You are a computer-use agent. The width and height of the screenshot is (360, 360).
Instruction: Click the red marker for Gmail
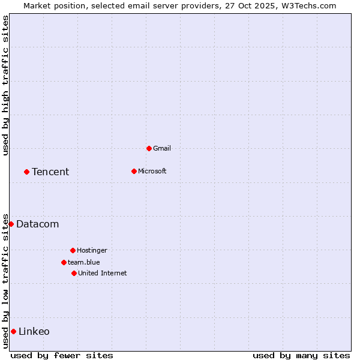pos(149,148)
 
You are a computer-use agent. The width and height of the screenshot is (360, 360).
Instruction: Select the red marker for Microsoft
pos(134,171)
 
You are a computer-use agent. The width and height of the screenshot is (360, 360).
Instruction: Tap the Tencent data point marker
pos(26,172)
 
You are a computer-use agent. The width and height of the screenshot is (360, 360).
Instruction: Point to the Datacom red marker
pos(11,224)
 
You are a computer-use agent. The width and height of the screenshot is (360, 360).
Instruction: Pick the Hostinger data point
pos(73,250)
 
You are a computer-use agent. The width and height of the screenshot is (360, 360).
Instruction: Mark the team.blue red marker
pos(64,262)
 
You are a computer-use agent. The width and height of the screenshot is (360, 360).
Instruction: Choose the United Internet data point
pos(74,273)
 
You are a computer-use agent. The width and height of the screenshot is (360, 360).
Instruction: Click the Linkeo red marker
pos(13,331)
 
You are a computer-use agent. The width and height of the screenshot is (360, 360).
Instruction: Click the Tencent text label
pos(50,172)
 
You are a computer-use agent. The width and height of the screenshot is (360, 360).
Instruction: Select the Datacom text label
pos(38,224)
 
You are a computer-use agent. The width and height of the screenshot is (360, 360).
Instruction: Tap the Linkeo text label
pos(34,331)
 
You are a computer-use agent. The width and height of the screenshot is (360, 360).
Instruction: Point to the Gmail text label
pos(162,148)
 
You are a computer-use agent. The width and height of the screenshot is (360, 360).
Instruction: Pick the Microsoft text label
pos(152,171)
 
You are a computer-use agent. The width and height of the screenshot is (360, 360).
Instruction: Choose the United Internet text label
pos(103,273)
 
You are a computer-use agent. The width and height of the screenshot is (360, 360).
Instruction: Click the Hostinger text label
pos(92,250)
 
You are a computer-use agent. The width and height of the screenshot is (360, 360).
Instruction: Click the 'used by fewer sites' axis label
pos(62,355)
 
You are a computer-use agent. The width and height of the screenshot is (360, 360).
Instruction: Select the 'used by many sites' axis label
pos(301,355)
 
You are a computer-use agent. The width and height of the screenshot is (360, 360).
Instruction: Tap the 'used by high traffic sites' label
pos(5,85)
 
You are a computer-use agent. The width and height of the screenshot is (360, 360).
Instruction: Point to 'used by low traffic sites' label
pos(5,281)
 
